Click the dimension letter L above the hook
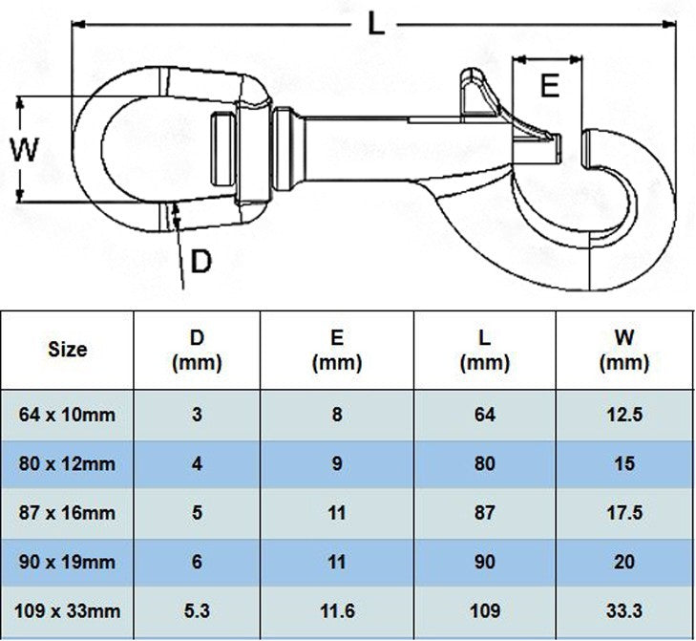coord(378,25)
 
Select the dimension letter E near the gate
coord(549,87)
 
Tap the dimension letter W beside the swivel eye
coord(24,149)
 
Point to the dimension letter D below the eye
coord(200,261)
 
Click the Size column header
coord(67,349)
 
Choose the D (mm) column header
coord(197,350)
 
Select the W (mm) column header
coord(624,350)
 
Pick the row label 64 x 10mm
coord(67,415)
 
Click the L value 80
coord(484,464)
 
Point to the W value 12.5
coord(624,415)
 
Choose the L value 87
coord(484,513)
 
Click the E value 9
coord(336,464)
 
